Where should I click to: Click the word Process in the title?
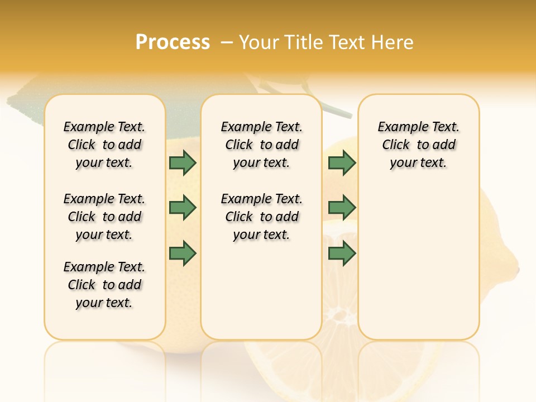173,42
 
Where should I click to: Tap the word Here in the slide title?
393,42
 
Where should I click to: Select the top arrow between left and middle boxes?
183,162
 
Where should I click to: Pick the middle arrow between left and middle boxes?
183,208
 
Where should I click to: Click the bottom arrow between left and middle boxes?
183,252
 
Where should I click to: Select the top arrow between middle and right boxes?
342,162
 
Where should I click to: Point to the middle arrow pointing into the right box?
342,208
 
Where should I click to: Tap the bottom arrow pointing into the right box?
342,252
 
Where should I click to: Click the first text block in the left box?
104,145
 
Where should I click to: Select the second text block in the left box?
104,217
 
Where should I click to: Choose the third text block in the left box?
104,285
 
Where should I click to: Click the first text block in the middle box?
261,145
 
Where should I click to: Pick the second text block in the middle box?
261,217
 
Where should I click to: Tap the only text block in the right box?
418,145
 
